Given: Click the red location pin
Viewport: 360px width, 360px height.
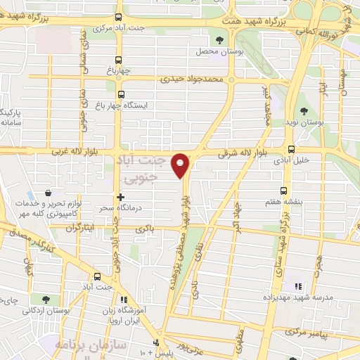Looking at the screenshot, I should [x=181, y=165].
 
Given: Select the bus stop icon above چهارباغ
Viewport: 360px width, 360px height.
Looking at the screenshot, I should [x=122, y=60].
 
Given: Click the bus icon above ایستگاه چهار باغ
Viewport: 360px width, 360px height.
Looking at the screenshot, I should [x=121, y=94].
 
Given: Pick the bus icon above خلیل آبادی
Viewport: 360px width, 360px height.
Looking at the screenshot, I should [x=291, y=148].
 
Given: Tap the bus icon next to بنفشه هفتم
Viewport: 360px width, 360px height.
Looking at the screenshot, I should [x=284, y=190].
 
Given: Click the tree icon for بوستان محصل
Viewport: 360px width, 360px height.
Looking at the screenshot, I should [x=220, y=40].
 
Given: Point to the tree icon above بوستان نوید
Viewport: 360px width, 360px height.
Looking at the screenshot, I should [x=304, y=111].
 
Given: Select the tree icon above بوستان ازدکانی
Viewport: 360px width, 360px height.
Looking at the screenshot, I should [x=46, y=300].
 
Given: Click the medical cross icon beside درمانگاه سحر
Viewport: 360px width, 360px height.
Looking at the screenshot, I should [x=121, y=198].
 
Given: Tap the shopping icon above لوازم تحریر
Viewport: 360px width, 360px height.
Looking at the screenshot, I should [x=47, y=193].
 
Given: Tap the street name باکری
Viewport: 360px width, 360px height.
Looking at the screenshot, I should [x=143, y=229].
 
